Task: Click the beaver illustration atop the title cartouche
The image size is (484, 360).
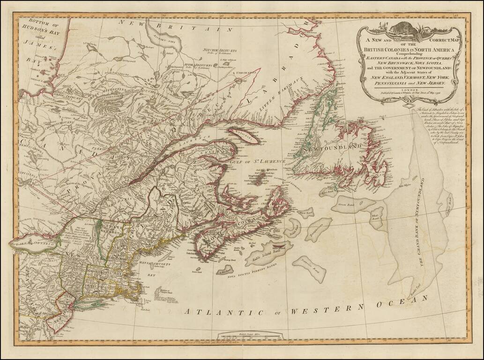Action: [x=409, y=31]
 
